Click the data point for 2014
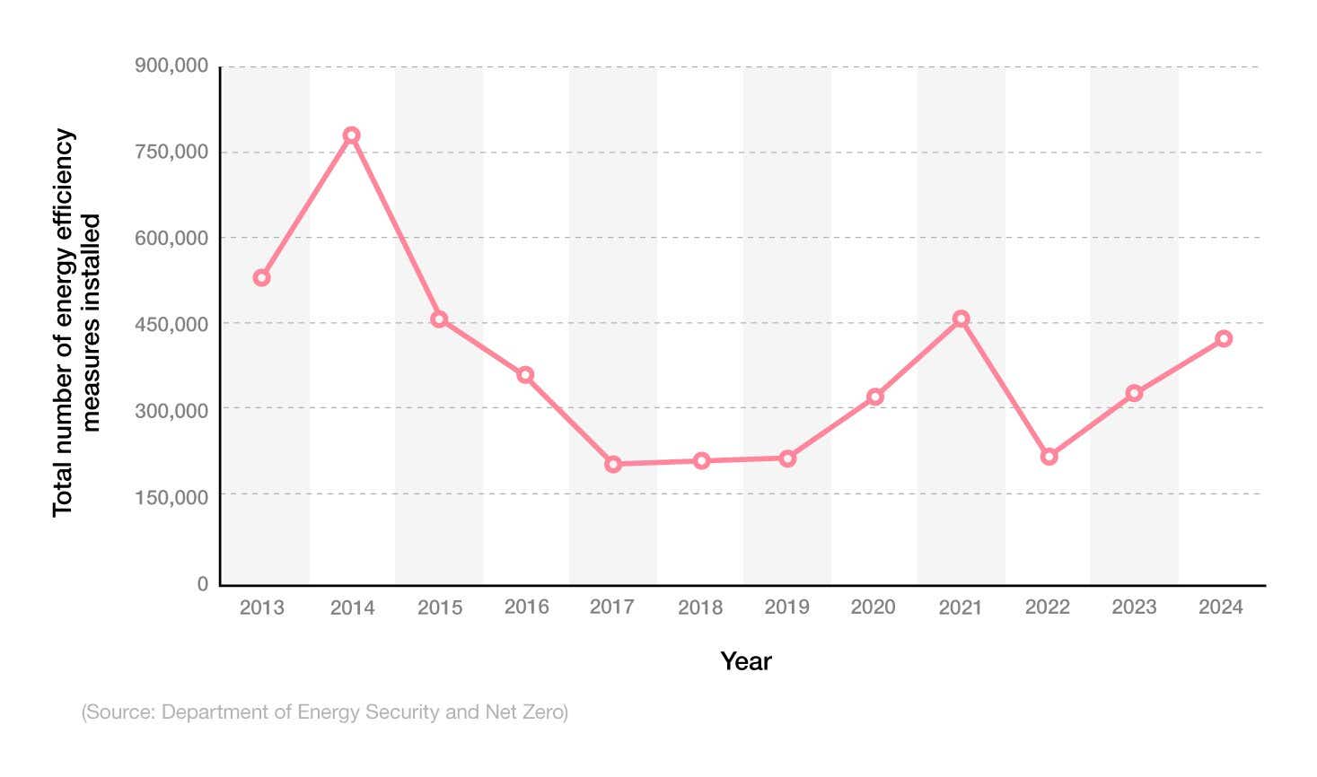pos(351,135)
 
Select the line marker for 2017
pos(613,464)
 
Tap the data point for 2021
pos(961,319)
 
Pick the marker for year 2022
pos(1049,457)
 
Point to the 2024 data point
pos(1223,338)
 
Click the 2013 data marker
pos(261,278)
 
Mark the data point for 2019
pos(787,458)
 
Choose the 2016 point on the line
pos(525,375)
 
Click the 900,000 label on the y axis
pos(171,65)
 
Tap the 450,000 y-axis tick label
pos(171,324)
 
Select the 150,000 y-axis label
pos(171,496)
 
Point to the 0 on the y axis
pos(203,583)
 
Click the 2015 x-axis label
pos(439,607)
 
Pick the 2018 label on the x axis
pos(700,607)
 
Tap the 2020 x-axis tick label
pos(873,607)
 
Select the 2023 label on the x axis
pos(1134,607)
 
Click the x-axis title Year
pos(745,661)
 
